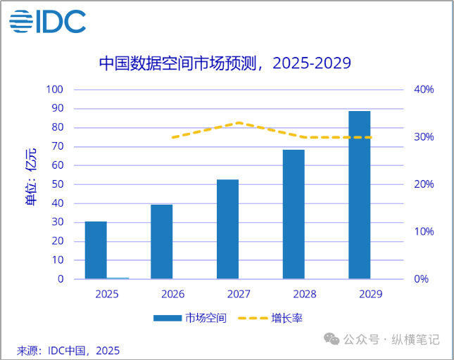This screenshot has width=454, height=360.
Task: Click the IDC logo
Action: [x=48, y=21]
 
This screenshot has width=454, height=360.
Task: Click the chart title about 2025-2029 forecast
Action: [x=225, y=63]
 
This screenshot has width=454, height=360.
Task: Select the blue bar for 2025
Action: [x=96, y=250]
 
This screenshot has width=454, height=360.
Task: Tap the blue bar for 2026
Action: [x=162, y=241]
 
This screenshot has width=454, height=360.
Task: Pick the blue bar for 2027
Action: [x=227, y=229]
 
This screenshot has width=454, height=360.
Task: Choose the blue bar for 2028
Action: [x=294, y=214]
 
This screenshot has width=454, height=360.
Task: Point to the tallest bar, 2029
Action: [x=359, y=195]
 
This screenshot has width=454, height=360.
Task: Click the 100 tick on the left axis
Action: [x=54, y=90]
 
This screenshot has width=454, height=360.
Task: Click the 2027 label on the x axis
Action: [x=239, y=294]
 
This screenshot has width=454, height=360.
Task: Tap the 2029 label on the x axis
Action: [x=370, y=294]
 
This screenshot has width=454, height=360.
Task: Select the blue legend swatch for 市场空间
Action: [x=168, y=318]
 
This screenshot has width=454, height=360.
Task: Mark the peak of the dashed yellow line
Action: [x=239, y=123]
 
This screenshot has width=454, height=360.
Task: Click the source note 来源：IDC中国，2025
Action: [x=68, y=350]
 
